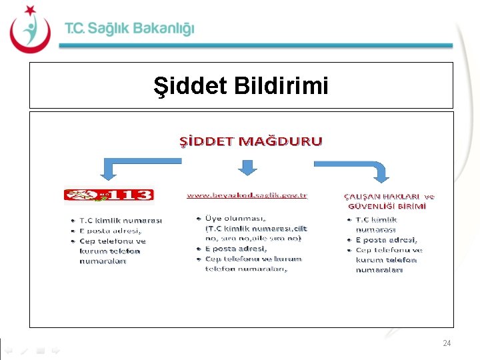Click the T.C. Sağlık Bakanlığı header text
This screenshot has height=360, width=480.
(x=129, y=29)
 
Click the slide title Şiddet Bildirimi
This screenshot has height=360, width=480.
(x=241, y=85)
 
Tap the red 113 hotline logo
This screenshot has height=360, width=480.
(x=109, y=195)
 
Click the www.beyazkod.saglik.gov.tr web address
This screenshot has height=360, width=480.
(x=247, y=195)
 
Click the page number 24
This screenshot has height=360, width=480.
(x=447, y=343)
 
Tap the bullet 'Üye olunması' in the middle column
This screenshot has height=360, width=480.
(x=237, y=218)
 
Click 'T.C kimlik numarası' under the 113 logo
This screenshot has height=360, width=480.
(x=120, y=220)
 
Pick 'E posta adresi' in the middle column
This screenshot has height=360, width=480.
(x=236, y=249)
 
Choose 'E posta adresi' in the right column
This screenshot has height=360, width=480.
(x=387, y=239)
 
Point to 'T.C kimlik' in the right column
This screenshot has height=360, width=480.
(x=376, y=219)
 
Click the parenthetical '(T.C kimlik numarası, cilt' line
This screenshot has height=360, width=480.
(x=256, y=228)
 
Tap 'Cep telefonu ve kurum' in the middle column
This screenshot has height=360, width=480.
(x=253, y=259)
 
